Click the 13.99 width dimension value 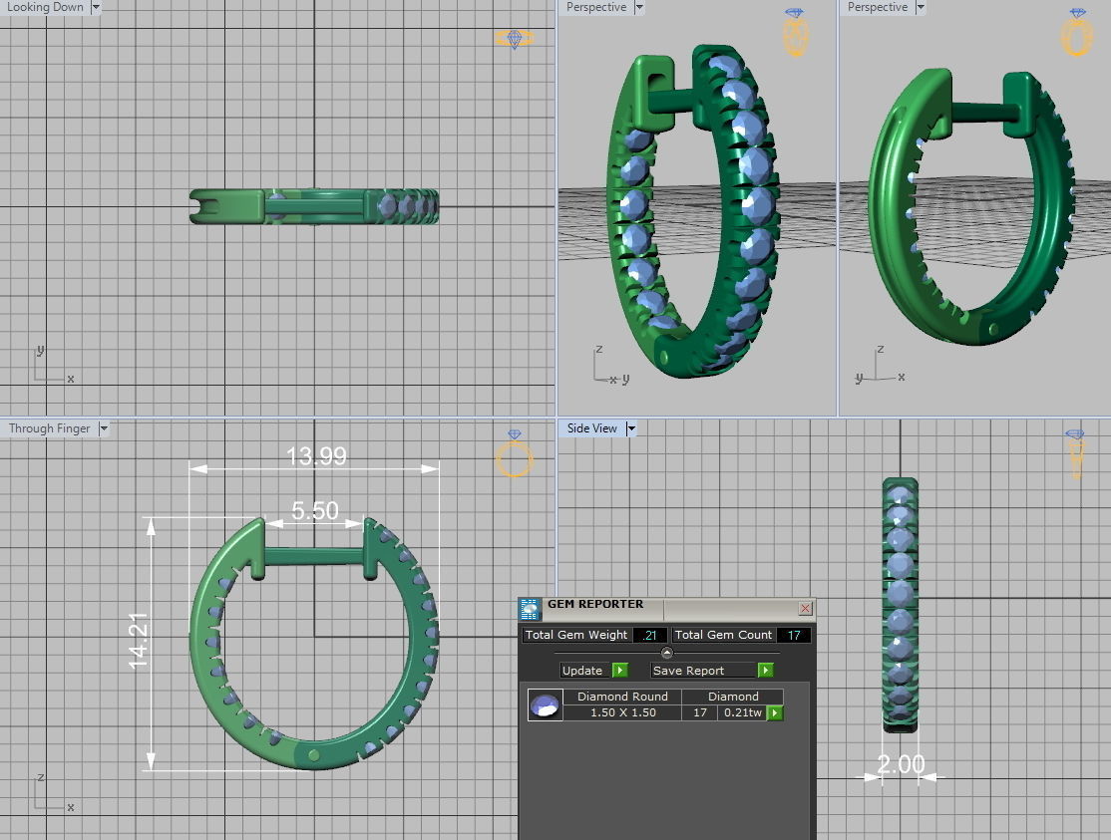pyautogui.click(x=316, y=456)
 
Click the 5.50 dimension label pyautogui.click(x=315, y=511)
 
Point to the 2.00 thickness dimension pyautogui.click(x=901, y=764)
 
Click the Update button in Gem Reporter pyautogui.click(x=582, y=671)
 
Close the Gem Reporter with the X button pyautogui.click(x=806, y=608)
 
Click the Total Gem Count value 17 pyautogui.click(x=794, y=635)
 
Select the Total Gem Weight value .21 pyautogui.click(x=650, y=635)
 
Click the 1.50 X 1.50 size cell pyautogui.click(x=623, y=712)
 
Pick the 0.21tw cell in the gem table pyautogui.click(x=743, y=712)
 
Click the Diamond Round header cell pyautogui.click(x=623, y=697)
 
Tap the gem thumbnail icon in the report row pyautogui.click(x=545, y=705)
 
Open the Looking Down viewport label pyautogui.click(x=46, y=7)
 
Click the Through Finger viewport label pyautogui.click(x=50, y=428)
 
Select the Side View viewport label pyautogui.click(x=592, y=428)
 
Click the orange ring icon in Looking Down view pyautogui.click(x=515, y=39)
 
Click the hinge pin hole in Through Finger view pyautogui.click(x=315, y=756)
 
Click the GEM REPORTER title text pyautogui.click(x=595, y=604)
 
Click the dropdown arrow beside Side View pyautogui.click(x=631, y=428)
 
